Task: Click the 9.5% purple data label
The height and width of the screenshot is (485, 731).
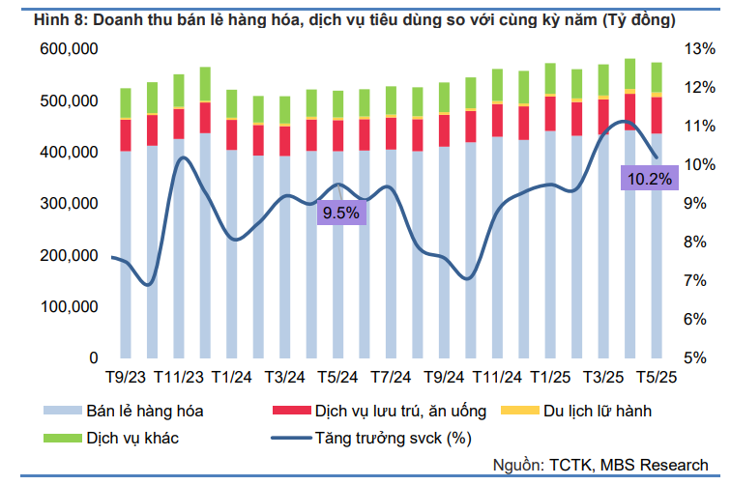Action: coord(340,213)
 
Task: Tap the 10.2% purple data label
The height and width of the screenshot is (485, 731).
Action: coord(649,178)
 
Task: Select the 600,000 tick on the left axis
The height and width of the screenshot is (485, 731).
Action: coord(69,49)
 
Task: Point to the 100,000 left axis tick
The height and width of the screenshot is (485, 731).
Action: coord(69,306)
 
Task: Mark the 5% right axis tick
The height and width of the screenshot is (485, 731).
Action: coord(697,358)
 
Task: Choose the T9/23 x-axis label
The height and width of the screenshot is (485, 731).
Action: coord(127,377)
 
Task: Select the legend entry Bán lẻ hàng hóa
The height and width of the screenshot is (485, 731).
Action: coord(144,412)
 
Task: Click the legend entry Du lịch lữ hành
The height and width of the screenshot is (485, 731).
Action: coord(590,412)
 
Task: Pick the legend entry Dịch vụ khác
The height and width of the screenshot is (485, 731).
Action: coord(132,439)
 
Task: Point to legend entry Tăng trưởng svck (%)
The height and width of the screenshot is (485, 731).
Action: coord(392,439)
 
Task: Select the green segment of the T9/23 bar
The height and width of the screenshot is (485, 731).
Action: coord(126,102)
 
